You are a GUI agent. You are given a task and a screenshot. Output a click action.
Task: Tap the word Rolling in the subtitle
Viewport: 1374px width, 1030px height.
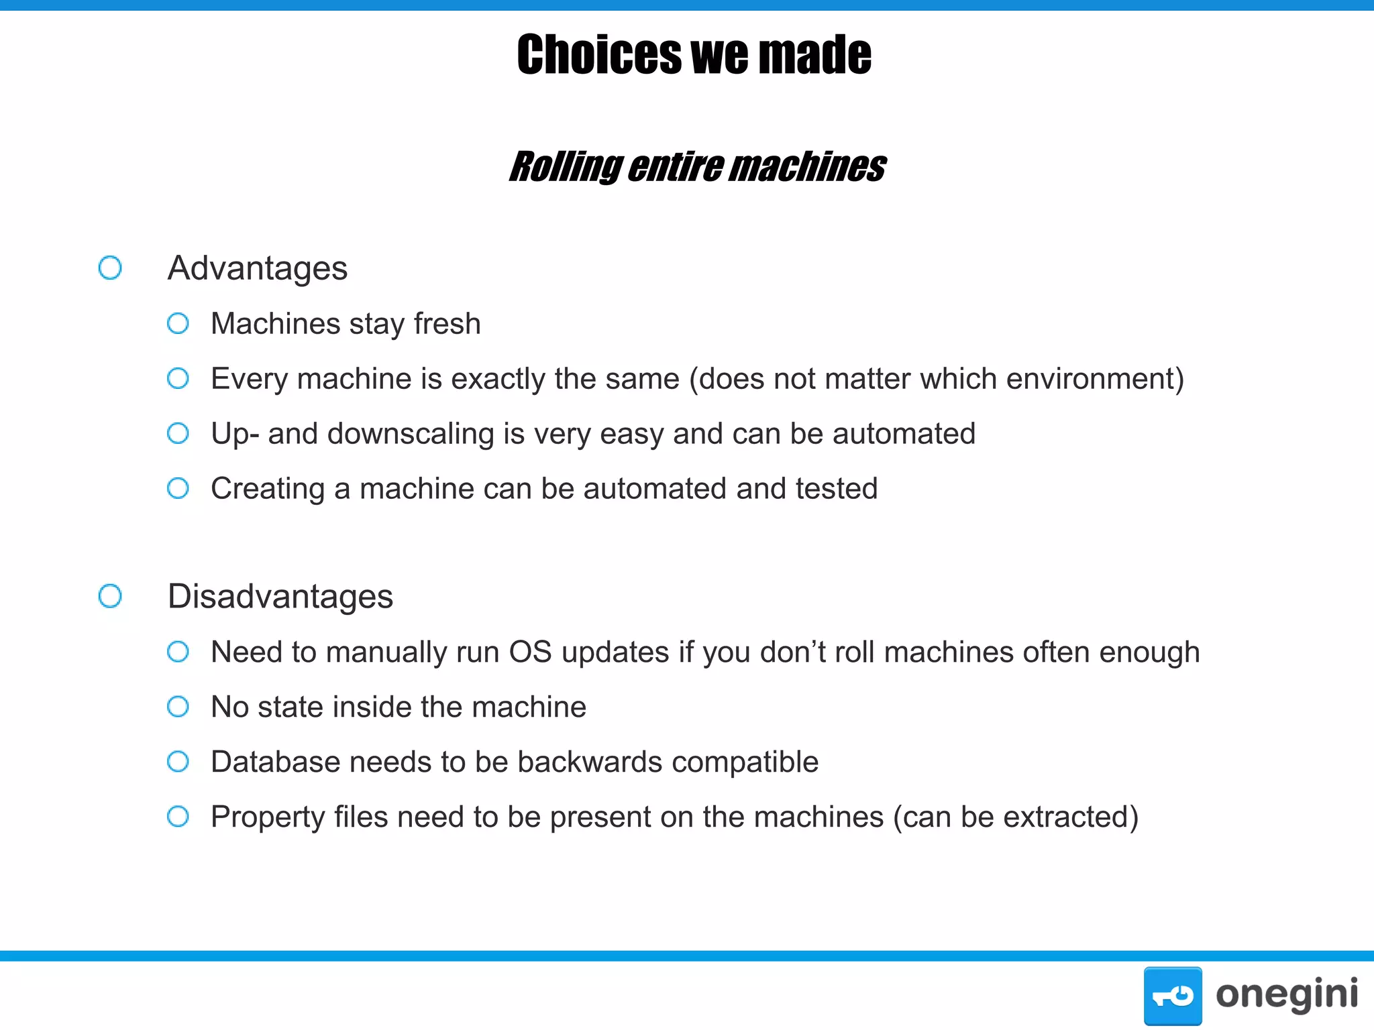pyautogui.click(x=566, y=167)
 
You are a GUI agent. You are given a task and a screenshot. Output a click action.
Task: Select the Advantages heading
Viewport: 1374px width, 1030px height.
pyautogui.click(x=258, y=268)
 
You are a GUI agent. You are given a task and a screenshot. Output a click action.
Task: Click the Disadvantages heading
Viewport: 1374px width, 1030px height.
pyautogui.click(x=280, y=596)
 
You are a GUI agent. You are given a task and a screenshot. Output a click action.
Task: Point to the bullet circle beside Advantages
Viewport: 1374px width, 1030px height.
pyautogui.click(x=110, y=268)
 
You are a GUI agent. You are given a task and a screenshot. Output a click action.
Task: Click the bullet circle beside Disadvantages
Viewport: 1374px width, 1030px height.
pyautogui.click(x=110, y=596)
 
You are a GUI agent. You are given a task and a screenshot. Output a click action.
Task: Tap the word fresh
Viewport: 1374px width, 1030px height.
pyautogui.click(x=447, y=324)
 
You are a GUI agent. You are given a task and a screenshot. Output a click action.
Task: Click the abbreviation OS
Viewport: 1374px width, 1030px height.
pyautogui.click(x=530, y=652)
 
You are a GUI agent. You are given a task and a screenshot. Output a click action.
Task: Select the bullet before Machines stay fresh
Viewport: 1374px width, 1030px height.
pyautogui.click(x=178, y=324)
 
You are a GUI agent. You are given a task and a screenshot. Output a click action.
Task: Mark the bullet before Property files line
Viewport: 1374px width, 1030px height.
pyautogui.click(x=178, y=817)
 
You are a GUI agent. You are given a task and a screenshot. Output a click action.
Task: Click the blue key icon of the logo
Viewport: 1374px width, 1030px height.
pyautogui.click(x=1173, y=996)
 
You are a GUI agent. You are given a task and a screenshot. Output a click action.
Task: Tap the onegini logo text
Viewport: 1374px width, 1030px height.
pyautogui.click(x=1286, y=994)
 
